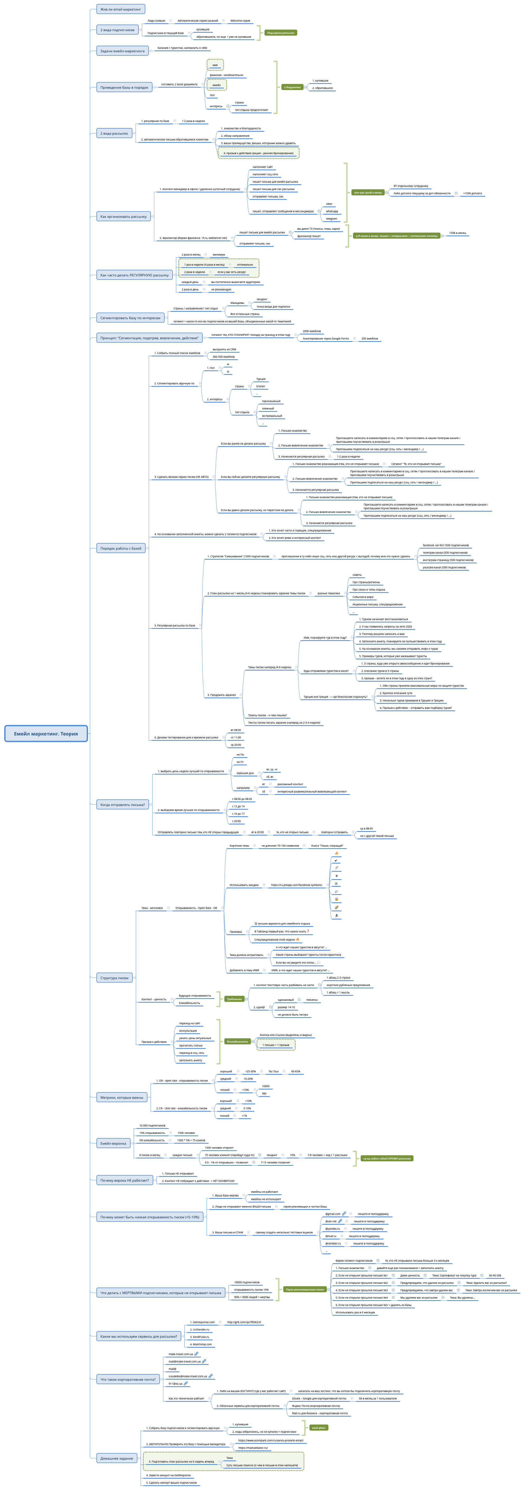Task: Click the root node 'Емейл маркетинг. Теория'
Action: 46,733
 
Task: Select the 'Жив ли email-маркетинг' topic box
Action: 120,9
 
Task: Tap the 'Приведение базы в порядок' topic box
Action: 124,87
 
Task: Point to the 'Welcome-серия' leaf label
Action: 240,21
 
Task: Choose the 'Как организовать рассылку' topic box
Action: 123,216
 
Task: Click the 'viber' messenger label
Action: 329,204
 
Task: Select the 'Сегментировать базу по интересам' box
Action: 130,318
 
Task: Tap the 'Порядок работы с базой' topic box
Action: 120,548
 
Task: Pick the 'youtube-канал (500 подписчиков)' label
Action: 444,567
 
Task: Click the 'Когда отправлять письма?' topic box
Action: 122,804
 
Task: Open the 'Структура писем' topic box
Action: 115,978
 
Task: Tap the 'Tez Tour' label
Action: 273,1071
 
